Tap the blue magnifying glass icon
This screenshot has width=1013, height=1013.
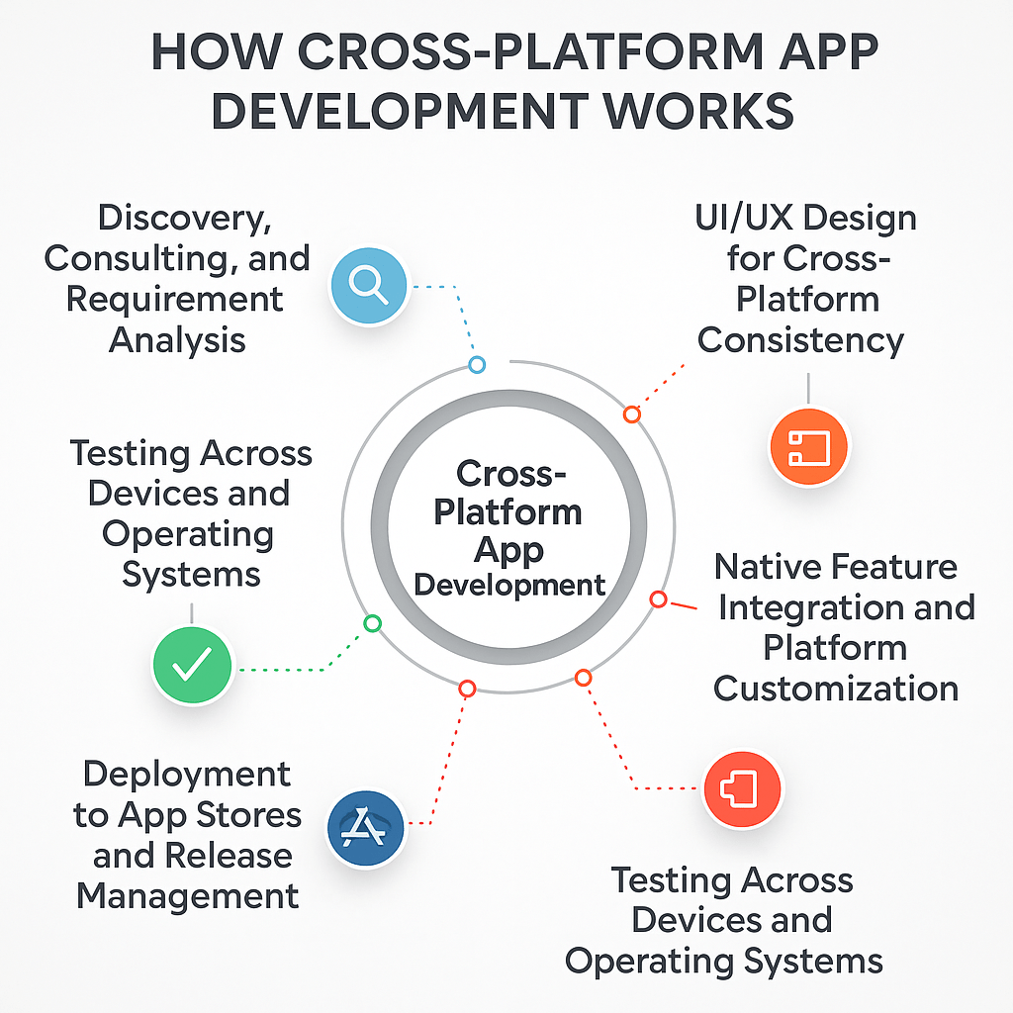point(368,285)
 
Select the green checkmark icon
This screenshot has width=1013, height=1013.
point(192,664)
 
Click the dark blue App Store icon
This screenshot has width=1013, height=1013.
point(365,828)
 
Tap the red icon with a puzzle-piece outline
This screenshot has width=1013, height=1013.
point(742,789)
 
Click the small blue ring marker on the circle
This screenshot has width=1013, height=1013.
point(476,365)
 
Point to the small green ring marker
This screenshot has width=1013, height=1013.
point(372,623)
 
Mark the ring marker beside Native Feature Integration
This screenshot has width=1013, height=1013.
point(658,599)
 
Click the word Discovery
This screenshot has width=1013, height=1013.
point(184,219)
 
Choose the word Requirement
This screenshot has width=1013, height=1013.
point(174,300)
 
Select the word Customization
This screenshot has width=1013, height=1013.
point(836,688)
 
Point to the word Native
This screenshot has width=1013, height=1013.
point(767,567)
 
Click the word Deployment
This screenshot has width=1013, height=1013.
point(187,774)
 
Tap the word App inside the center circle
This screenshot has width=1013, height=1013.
point(508,549)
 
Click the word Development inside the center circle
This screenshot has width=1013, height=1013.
point(509,585)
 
